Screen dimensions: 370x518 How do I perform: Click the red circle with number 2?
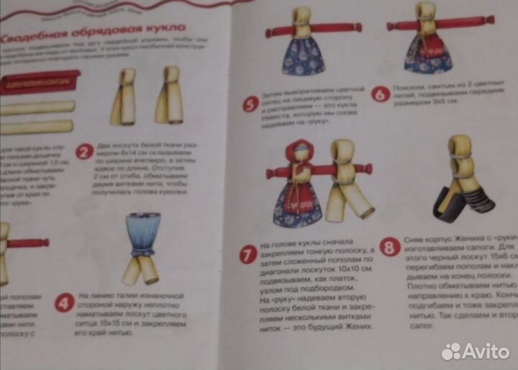click(x=85, y=152)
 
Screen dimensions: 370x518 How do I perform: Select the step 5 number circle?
click(x=250, y=104)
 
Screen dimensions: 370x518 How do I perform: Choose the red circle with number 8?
click(x=390, y=249)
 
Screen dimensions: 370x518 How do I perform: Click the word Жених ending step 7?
click(x=358, y=326)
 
